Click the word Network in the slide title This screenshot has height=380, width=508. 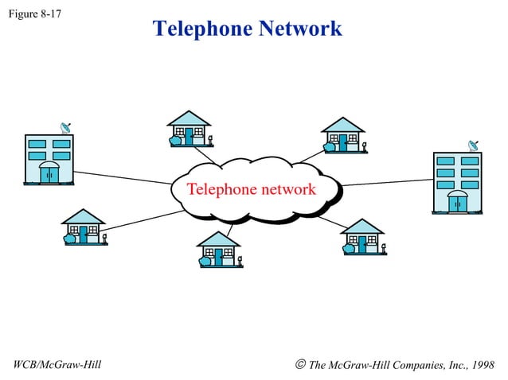299,29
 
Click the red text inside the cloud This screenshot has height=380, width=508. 251,190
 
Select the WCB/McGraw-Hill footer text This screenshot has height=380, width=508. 58,365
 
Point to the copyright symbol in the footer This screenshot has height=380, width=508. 299,365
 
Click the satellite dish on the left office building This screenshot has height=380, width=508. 66,127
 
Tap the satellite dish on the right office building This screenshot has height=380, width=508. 473,146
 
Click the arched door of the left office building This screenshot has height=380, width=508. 49,173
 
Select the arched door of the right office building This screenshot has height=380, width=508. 457,202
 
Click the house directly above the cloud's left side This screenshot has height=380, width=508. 190,128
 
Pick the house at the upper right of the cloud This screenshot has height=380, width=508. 343,134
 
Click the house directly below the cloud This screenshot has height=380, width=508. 218,250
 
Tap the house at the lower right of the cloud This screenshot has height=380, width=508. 363,237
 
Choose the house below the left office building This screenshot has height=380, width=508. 84,227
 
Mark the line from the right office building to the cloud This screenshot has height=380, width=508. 386,182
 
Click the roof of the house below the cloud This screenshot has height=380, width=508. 218,238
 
